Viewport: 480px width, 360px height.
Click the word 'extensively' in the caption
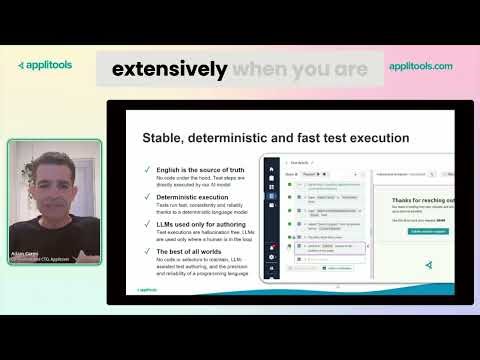[x=169, y=70]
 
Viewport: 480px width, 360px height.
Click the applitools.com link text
[x=420, y=66]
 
